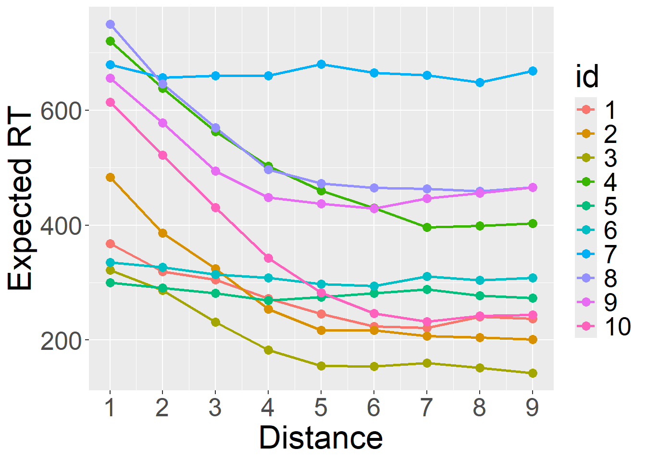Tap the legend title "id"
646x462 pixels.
[587, 77]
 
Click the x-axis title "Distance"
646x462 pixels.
[321, 437]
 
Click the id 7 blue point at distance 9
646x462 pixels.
[533, 71]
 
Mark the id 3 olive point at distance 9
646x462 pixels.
[533, 373]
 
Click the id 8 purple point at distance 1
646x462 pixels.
[110, 24]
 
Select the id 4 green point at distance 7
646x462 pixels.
[427, 227]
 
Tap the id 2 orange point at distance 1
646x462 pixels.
[110, 177]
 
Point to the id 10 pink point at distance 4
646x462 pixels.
[268, 258]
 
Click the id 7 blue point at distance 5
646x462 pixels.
[321, 64]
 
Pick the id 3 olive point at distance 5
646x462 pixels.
[321, 366]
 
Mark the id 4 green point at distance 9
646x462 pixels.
[533, 223]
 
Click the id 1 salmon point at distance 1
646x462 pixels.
[110, 244]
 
